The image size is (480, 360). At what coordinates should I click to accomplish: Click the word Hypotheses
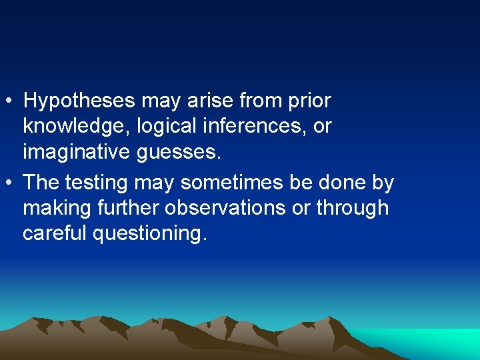80,102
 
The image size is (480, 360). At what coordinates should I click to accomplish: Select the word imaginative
77,153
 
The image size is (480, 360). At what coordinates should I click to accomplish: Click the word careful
55,233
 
